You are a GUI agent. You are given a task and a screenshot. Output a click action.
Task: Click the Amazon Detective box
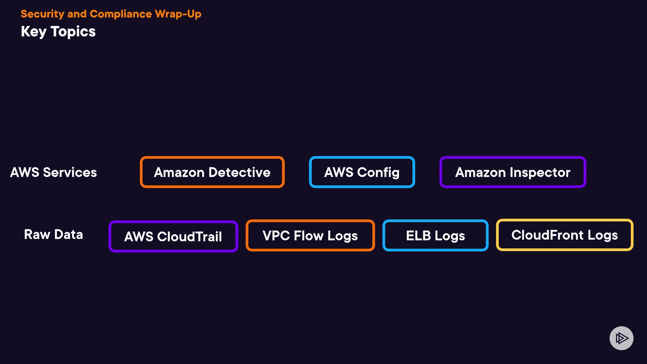click(x=212, y=172)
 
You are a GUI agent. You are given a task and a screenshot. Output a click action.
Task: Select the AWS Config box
click(x=362, y=172)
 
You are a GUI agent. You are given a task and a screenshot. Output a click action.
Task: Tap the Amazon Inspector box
click(x=513, y=172)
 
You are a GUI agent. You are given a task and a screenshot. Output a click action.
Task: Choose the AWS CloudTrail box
click(x=173, y=236)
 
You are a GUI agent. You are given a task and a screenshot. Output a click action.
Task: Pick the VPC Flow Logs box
click(x=310, y=236)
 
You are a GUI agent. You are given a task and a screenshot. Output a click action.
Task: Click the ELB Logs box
click(x=435, y=236)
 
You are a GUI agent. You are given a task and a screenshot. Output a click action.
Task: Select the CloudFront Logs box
click(x=564, y=235)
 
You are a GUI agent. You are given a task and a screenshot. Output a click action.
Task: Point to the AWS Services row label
click(x=54, y=172)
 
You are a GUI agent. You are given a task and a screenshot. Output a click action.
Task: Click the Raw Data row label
click(x=54, y=234)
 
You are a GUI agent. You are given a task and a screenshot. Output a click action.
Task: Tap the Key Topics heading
click(x=58, y=31)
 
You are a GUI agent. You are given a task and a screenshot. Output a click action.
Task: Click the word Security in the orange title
click(x=42, y=14)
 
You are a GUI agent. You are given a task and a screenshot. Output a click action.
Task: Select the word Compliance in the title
click(x=121, y=14)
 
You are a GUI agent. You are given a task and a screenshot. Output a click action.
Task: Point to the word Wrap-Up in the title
click(x=178, y=14)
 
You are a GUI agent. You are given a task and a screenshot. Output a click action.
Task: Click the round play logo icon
click(x=621, y=338)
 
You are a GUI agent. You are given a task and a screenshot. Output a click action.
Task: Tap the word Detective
click(x=239, y=172)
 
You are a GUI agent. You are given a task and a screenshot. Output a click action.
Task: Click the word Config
click(x=378, y=172)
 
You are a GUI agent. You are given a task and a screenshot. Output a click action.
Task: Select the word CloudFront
click(x=547, y=235)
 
